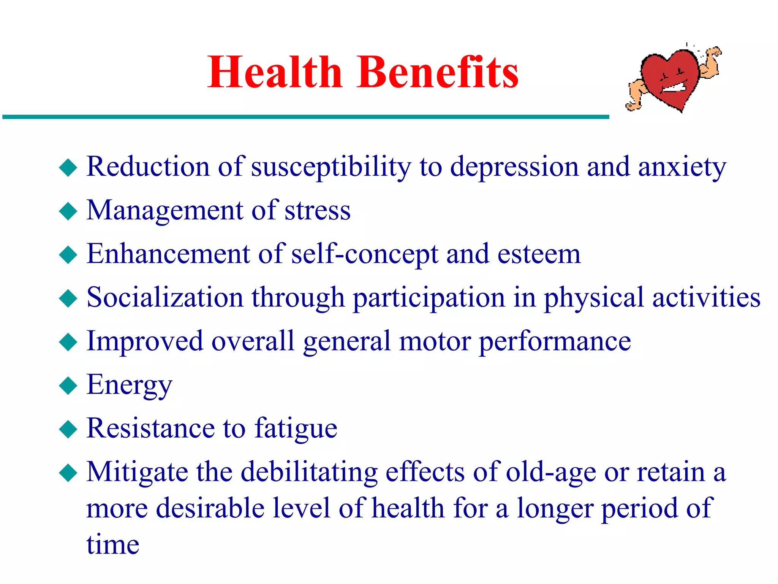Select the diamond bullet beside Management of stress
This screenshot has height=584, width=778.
point(68,211)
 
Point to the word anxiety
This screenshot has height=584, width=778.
point(682,167)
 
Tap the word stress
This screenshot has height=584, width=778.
point(318,211)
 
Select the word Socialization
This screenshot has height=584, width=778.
point(165,297)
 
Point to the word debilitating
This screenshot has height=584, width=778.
point(309,472)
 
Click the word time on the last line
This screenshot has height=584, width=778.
point(113,544)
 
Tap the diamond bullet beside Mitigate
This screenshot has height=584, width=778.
point(68,473)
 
